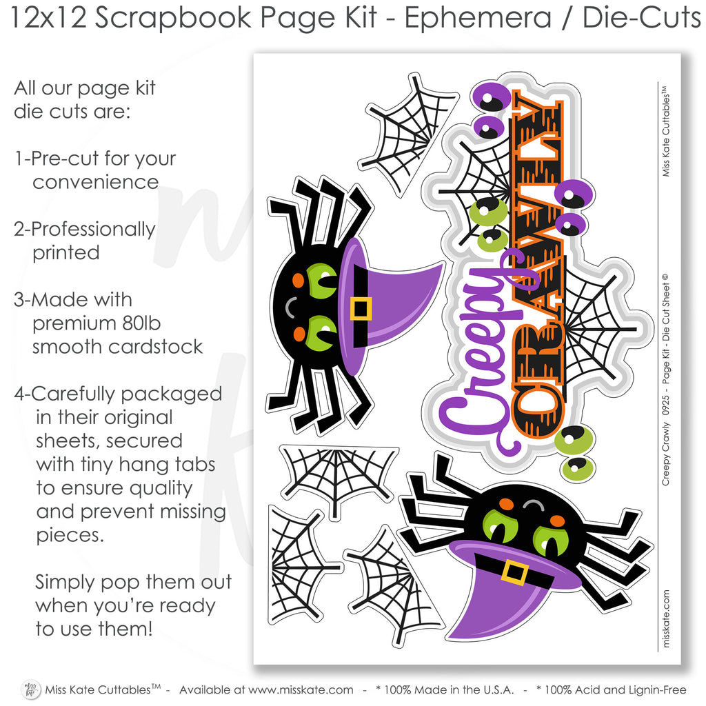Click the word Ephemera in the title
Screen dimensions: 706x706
[x=478, y=18]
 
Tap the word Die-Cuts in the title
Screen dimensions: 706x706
[x=642, y=18]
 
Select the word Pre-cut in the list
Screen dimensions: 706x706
[x=65, y=159]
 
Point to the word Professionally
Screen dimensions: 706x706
[x=93, y=230]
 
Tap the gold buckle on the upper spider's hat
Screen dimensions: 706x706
[x=361, y=309]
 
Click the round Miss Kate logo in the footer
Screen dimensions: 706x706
[x=31, y=689]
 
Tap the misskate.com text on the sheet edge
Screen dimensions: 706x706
[x=667, y=618]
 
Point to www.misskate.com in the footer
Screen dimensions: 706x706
[x=301, y=689]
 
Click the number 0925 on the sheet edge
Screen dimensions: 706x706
[x=666, y=405]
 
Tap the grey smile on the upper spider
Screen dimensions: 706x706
[x=290, y=307]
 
